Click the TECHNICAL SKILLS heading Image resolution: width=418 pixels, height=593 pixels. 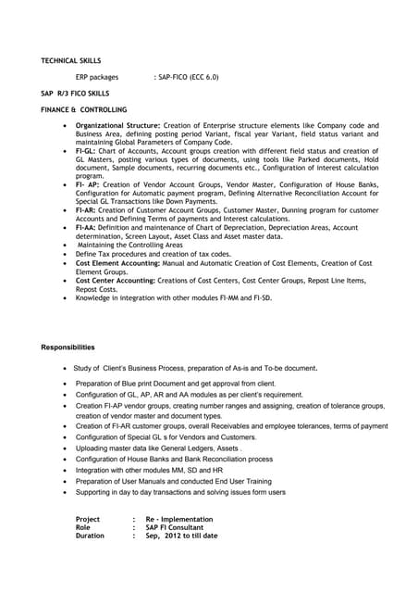click(71, 60)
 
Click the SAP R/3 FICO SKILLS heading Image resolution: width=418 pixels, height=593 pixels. click(75, 94)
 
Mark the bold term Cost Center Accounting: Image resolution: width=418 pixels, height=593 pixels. click(116, 280)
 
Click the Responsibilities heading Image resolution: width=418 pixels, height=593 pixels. click(68, 347)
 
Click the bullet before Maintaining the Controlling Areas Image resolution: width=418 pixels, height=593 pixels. click(64, 245)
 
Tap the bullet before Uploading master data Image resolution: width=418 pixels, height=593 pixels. click(64, 448)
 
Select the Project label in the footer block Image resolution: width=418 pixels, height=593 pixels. click(88, 520)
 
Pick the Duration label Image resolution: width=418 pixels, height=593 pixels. click(90, 536)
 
